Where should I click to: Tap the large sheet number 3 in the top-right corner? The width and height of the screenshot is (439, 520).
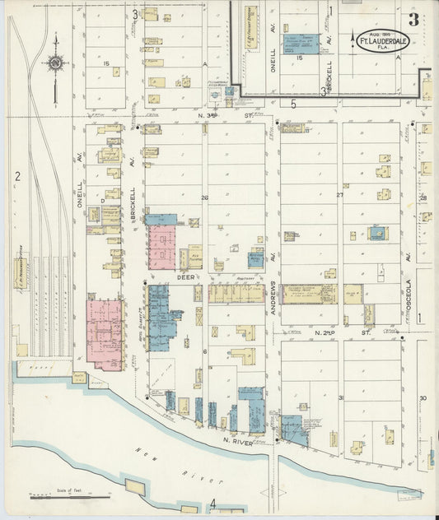click(x=412, y=19)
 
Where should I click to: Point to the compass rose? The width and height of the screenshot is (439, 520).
click(x=54, y=63)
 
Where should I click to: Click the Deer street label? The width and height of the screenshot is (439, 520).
click(x=185, y=278)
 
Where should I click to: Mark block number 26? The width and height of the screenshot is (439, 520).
click(x=205, y=197)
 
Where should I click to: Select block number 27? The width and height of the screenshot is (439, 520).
click(x=339, y=195)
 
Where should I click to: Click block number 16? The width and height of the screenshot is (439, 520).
click(x=300, y=59)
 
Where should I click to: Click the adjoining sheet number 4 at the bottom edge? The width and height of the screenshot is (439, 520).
click(x=212, y=503)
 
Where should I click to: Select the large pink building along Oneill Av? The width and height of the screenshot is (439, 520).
click(x=105, y=333)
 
